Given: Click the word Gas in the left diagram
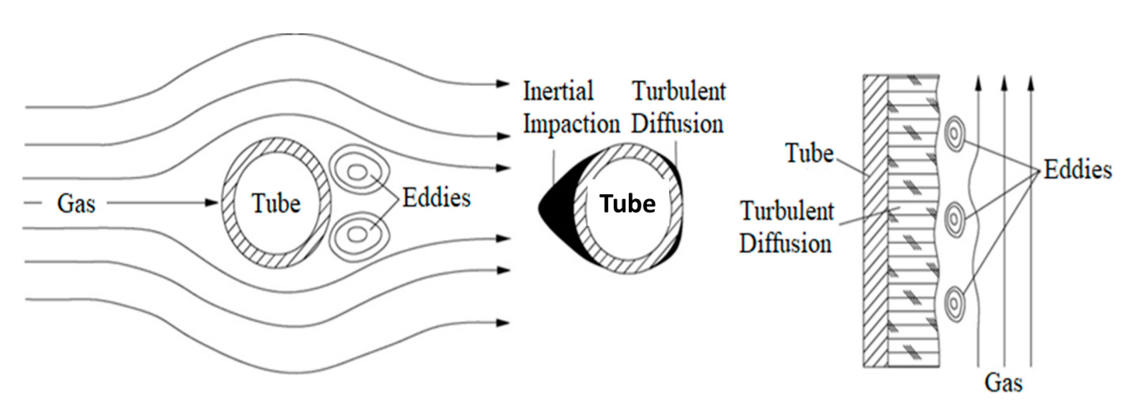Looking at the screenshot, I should [76, 204].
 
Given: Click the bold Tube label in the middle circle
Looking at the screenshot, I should [628, 204].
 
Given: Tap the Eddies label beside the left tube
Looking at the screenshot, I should [436, 198].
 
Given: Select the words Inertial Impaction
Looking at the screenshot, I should [571, 107].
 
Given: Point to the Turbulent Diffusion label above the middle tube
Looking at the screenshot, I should [678, 107].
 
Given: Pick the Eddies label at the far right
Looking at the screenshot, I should [1077, 169].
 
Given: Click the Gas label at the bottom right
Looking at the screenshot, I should [1003, 383].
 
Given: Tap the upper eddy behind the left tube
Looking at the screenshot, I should [358, 173].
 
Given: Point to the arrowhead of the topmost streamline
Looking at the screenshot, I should [502, 84].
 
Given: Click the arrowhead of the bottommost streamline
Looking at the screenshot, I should [502, 323].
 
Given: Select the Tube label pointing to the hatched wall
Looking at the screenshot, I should [809, 153].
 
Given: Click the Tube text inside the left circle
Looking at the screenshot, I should [276, 204].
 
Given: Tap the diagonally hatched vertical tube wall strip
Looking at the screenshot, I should [876, 220].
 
